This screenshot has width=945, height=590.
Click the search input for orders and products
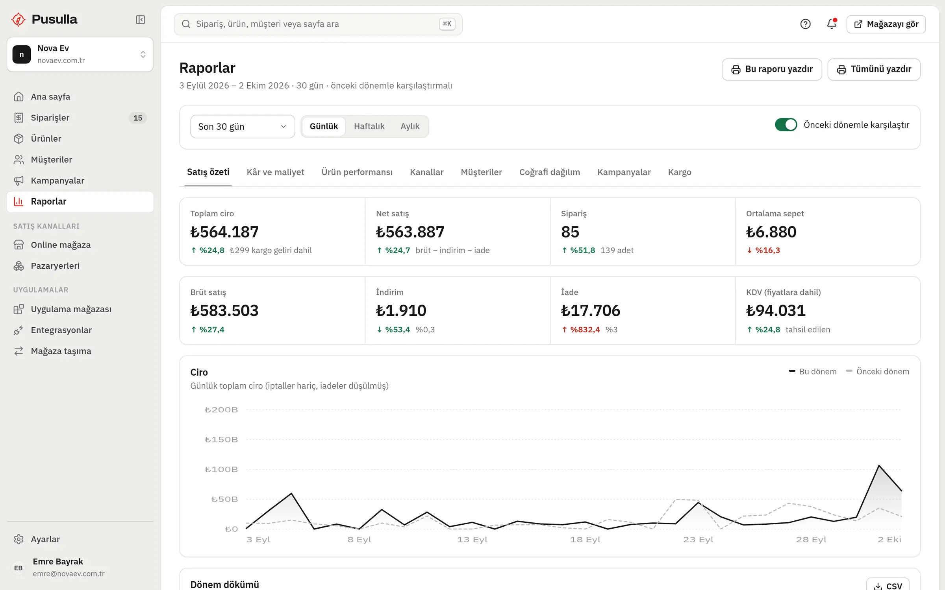318,24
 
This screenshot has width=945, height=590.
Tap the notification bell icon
832,24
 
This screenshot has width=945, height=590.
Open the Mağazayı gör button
886,24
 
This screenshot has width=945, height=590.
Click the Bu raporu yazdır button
772,69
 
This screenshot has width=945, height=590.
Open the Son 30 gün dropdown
243,127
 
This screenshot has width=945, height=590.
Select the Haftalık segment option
369,126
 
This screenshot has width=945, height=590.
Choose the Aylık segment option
410,126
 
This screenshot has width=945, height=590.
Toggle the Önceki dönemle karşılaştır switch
786,125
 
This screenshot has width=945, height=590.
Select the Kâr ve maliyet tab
275,172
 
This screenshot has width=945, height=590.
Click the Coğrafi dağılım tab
549,172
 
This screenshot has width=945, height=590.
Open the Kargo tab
680,172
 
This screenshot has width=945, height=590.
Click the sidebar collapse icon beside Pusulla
140,20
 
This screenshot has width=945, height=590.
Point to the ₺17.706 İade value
591,310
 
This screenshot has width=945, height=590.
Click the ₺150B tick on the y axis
221,440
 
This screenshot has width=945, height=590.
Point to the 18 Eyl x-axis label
585,540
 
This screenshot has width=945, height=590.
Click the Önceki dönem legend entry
877,372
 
